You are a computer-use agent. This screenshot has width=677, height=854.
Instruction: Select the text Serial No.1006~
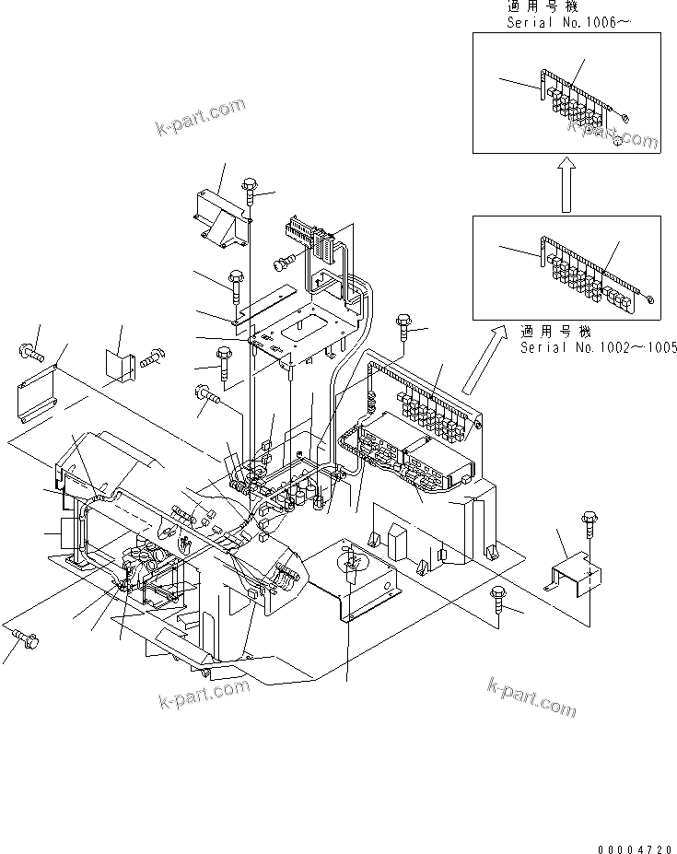coord(568,21)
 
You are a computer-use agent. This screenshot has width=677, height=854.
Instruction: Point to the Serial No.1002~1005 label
coord(599,347)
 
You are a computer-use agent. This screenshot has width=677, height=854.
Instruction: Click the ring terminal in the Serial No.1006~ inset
coord(625,118)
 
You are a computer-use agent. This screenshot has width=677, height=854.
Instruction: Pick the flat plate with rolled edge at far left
coord(36,392)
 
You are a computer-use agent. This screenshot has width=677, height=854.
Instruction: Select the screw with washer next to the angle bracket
coord(151,357)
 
